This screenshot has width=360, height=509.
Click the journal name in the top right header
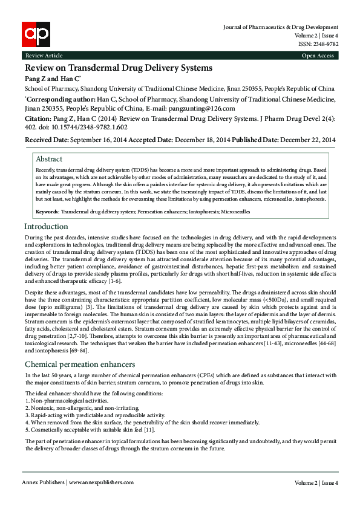(x=281, y=27)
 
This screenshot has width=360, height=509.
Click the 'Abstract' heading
(x=49, y=159)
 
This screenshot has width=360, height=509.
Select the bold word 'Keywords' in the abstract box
(x=47, y=212)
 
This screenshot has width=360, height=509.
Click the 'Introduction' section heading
(x=46, y=227)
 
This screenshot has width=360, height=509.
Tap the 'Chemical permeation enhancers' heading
(x=80, y=365)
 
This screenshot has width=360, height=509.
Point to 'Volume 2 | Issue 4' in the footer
(x=316, y=483)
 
